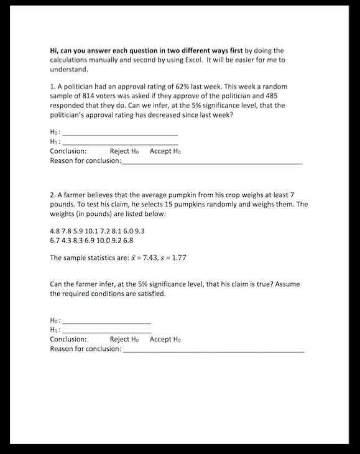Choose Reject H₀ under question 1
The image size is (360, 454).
124,151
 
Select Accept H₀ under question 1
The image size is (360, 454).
165,151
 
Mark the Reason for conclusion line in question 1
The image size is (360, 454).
211,162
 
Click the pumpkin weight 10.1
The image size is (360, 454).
98,230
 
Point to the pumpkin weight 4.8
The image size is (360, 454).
55,230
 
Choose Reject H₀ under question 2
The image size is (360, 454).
124,339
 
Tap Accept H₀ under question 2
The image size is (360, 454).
165,339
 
